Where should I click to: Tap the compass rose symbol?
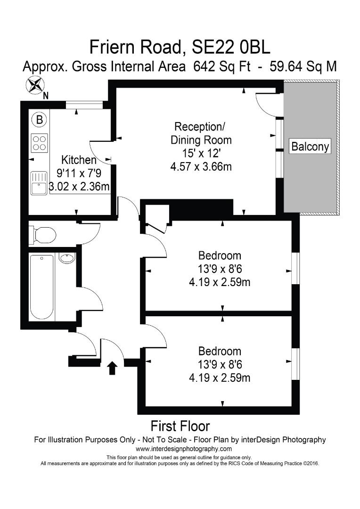pyautogui.click(x=34, y=85)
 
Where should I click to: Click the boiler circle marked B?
pyautogui.click(x=40, y=121)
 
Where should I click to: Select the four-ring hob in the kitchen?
pyautogui.click(x=39, y=143)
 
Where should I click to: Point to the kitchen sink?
pyautogui.click(x=39, y=183)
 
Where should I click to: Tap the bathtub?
pyautogui.click(x=41, y=287)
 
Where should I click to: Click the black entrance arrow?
pyautogui.click(x=112, y=368)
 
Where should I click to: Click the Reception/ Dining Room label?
pyautogui.click(x=201, y=133)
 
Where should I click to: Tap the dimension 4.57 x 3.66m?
pyautogui.click(x=201, y=166)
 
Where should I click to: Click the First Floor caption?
pyautogui.click(x=180, y=427)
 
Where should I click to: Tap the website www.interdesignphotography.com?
pyautogui.click(x=180, y=449)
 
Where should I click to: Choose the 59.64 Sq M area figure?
pyautogui.click(x=303, y=66)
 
